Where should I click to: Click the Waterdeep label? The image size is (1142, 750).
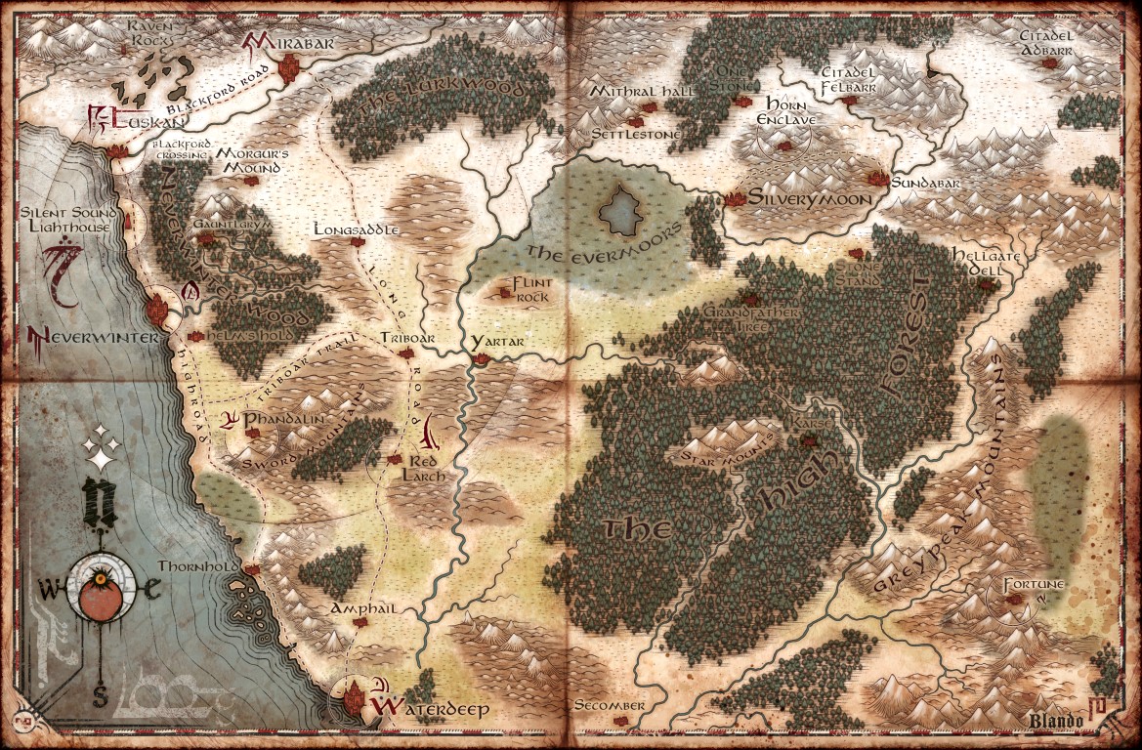tap(431, 709)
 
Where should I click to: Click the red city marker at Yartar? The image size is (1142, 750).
tap(480, 360)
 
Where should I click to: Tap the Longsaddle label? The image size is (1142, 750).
tap(358, 229)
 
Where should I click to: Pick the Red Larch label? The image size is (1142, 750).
tap(428, 466)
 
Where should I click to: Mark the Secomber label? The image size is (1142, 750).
tap(610, 705)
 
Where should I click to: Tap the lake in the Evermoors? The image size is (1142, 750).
tap(620, 209)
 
